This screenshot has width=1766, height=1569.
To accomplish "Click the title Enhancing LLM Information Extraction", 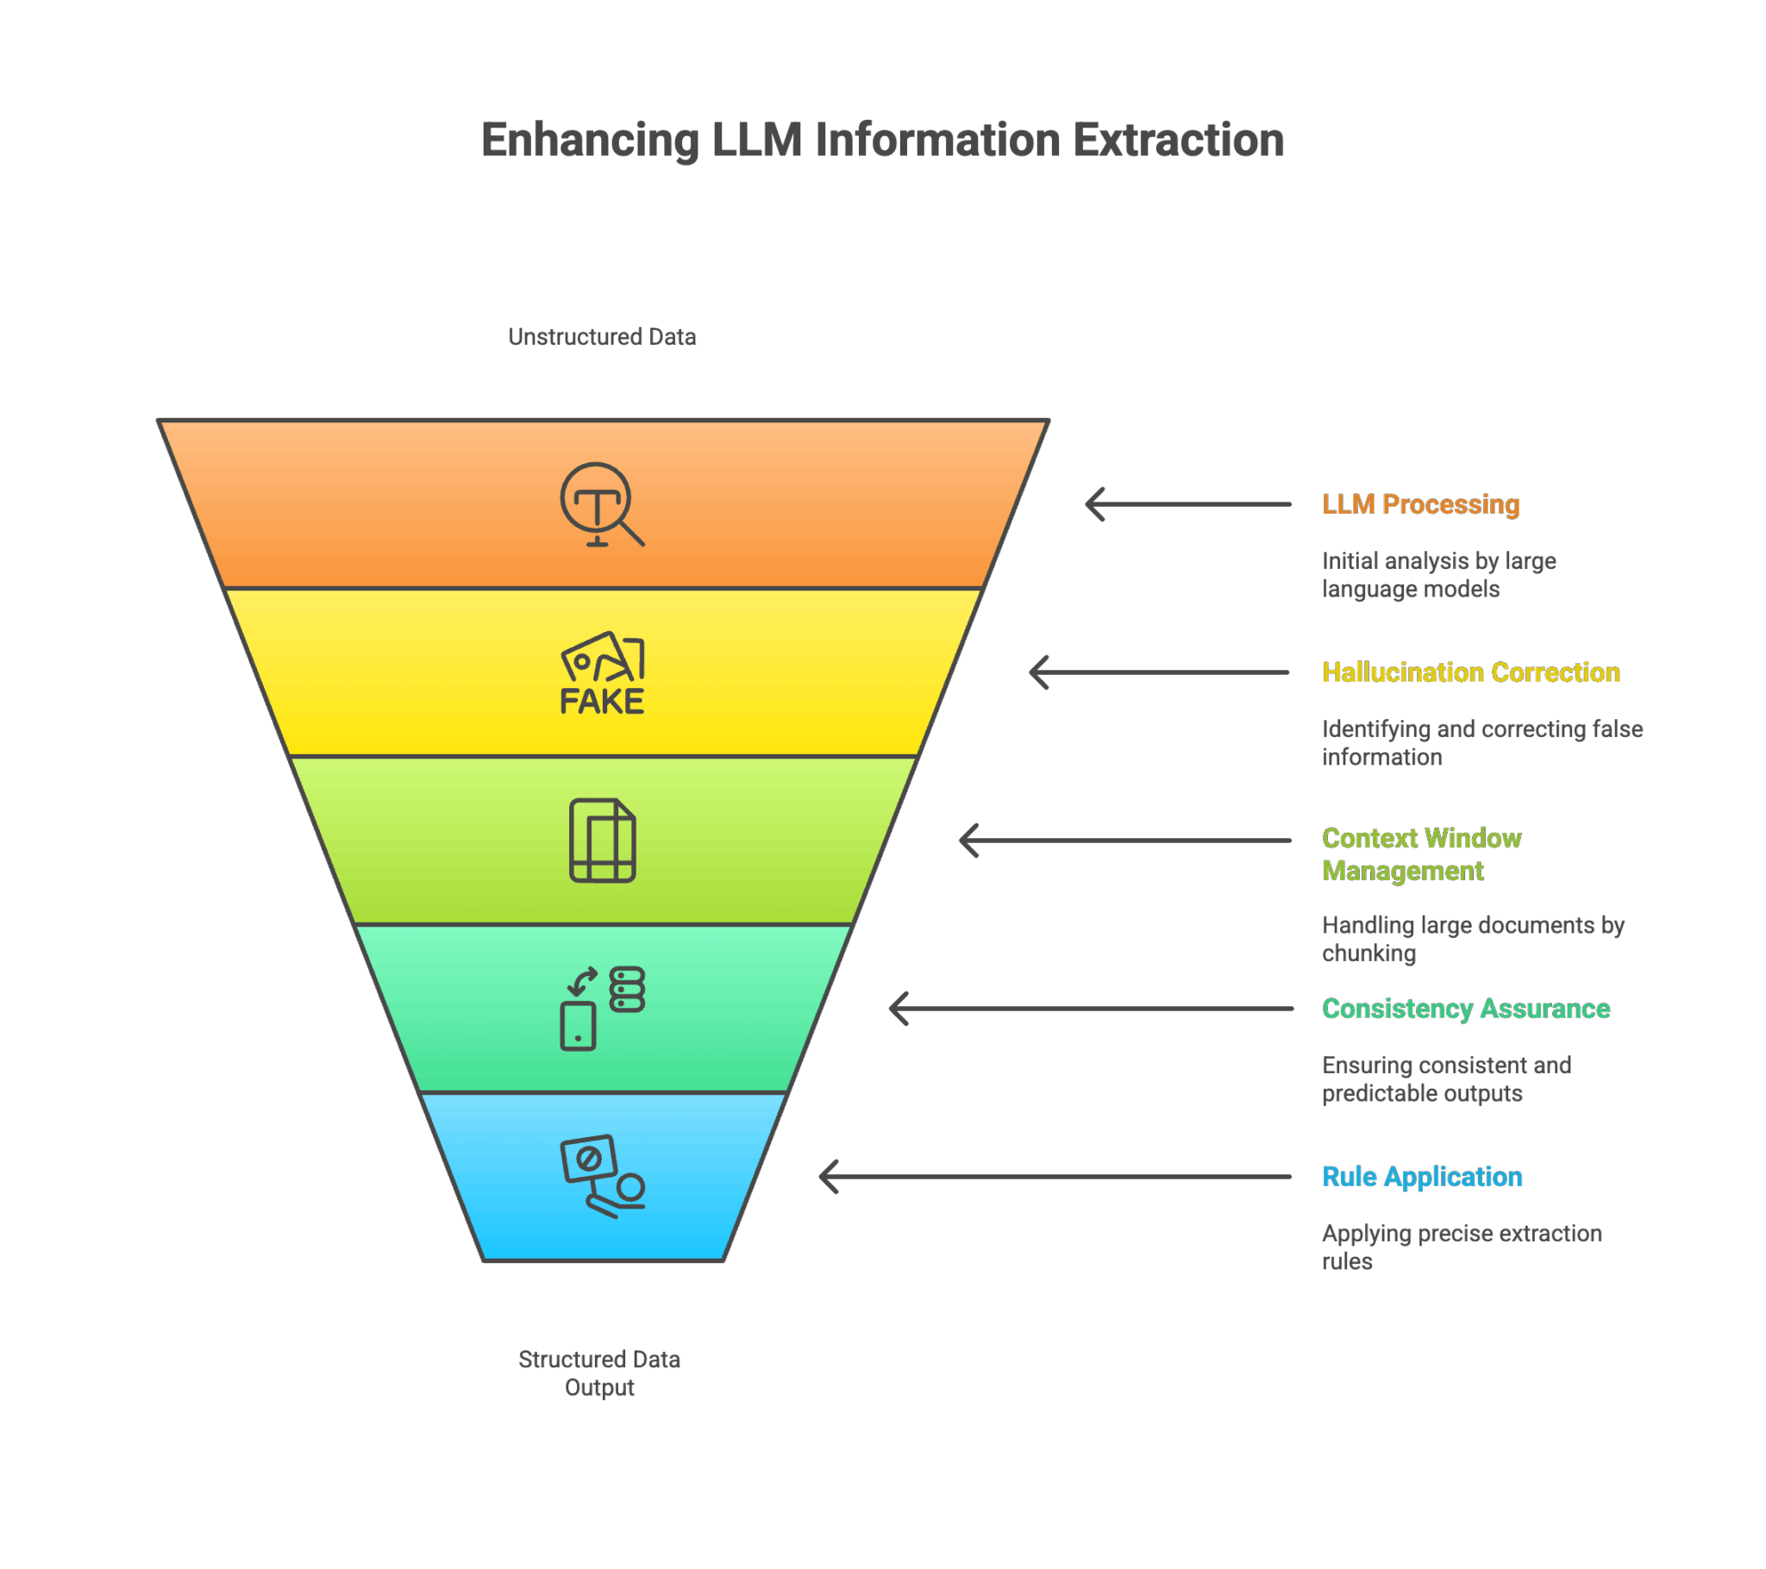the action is [x=882, y=140].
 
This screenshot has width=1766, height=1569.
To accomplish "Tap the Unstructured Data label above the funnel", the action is [x=602, y=337].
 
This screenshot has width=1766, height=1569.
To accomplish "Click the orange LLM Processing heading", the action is [x=1420, y=504].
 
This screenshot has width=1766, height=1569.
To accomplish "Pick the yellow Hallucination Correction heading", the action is [x=1470, y=672].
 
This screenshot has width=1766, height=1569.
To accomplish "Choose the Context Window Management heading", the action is [x=1421, y=854].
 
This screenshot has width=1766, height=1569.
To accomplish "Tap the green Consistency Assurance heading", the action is [x=1466, y=1009].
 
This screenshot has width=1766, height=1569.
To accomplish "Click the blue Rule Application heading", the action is [x=1422, y=1177].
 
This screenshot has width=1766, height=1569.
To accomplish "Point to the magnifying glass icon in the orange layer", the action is [x=602, y=504].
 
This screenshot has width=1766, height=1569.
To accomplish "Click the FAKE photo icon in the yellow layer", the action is [x=602, y=672].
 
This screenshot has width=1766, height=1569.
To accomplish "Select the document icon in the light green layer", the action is [x=602, y=841].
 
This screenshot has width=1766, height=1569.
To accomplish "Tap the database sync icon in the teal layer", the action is [x=602, y=1009].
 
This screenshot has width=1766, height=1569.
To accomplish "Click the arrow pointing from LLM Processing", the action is [x=1188, y=504].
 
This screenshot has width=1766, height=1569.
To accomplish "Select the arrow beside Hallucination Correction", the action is [x=1160, y=672].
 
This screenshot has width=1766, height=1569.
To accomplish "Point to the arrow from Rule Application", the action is [x=1055, y=1177].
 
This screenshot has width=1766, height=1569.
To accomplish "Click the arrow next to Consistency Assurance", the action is [x=1090, y=1009].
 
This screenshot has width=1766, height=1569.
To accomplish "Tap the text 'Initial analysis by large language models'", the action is [x=1438, y=575].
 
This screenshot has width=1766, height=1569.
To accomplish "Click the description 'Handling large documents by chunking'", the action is [x=1473, y=939].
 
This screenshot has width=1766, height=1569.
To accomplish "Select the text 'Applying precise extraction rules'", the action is [x=1462, y=1247].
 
